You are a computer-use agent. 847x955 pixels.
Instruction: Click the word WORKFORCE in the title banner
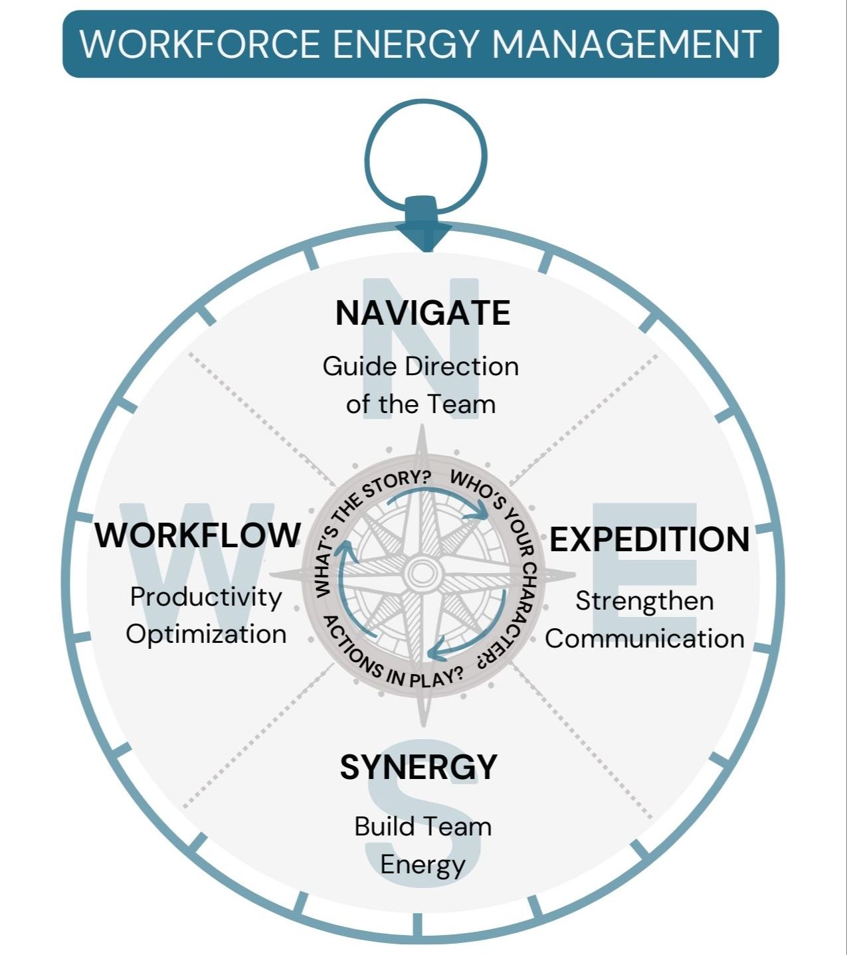click(x=200, y=44)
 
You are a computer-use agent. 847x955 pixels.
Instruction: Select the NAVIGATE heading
click(x=423, y=313)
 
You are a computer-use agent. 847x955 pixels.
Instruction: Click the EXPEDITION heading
click(x=649, y=539)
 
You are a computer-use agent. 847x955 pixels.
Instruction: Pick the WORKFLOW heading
click(x=197, y=535)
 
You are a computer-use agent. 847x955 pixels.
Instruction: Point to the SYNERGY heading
click(x=419, y=767)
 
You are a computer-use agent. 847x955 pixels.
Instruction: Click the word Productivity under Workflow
click(x=206, y=597)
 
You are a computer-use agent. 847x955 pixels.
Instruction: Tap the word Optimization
click(x=206, y=634)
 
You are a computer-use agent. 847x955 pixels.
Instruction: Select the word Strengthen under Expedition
click(x=644, y=601)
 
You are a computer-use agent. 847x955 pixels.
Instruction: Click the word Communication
click(x=644, y=639)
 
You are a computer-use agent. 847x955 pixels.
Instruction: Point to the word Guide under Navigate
click(x=359, y=367)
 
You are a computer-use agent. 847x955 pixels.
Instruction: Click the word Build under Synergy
click(x=380, y=827)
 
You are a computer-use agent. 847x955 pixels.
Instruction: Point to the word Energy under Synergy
click(x=423, y=865)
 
